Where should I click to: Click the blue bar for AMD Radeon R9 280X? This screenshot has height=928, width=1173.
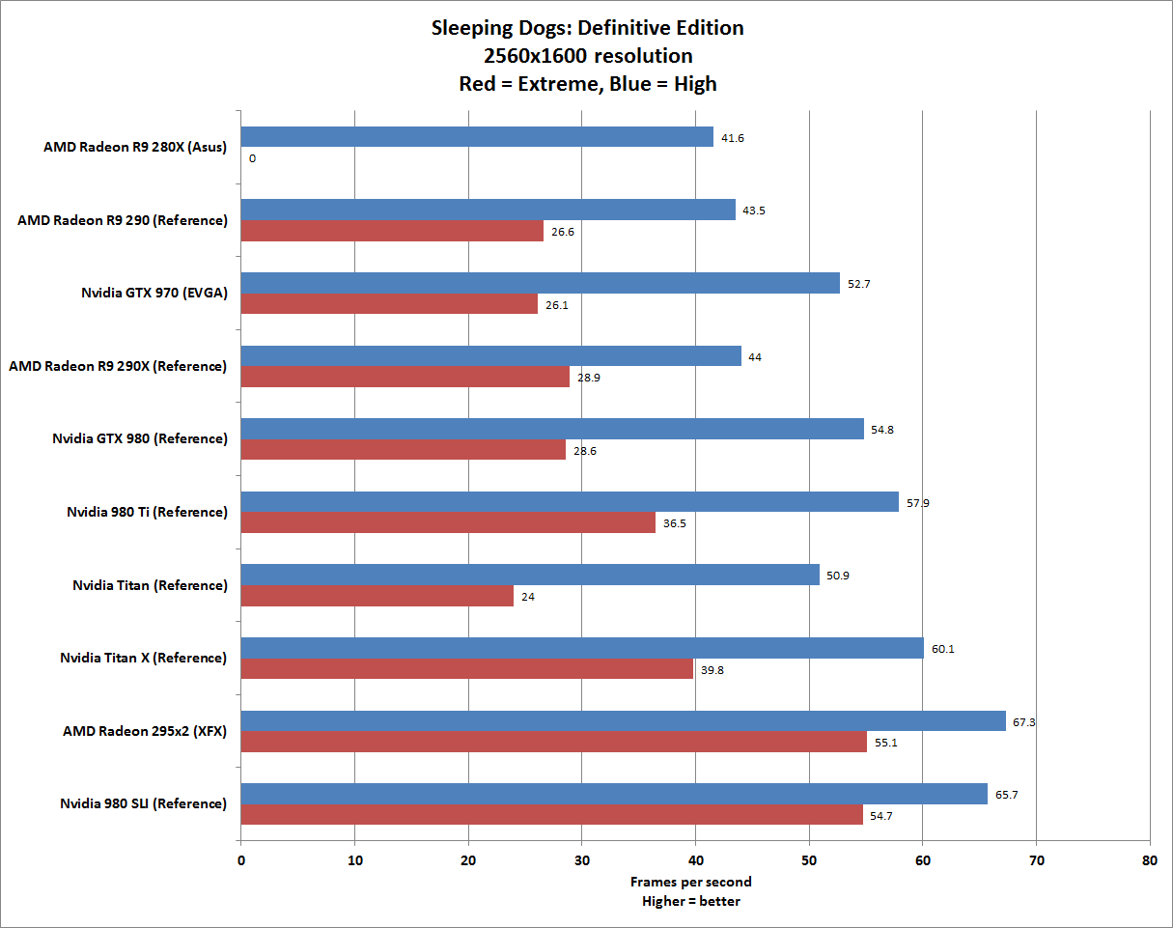(477, 137)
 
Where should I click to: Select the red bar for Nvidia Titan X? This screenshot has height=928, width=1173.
(466, 669)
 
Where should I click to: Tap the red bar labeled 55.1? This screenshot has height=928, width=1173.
(553, 743)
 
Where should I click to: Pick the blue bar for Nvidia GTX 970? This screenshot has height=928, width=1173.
(540, 283)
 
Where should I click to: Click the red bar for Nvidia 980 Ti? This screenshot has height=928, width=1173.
(448, 522)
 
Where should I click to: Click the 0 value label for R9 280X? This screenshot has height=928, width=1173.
(252, 157)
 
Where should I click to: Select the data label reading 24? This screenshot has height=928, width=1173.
(528, 597)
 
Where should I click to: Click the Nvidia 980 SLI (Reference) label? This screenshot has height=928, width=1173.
(143, 804)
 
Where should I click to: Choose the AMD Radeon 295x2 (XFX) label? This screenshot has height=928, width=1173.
(145, 731)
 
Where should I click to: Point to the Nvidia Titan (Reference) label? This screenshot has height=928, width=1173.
(150, 585)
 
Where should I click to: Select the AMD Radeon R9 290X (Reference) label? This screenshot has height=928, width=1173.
(118, 366)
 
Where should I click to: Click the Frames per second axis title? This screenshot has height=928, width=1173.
(690, 882)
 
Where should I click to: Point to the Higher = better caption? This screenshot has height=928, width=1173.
(690, 901)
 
